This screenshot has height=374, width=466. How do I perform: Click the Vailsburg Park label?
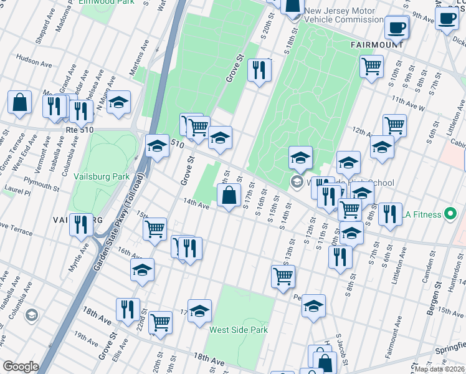(x=102, y=176)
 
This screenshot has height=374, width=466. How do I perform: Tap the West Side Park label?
(x=238, y=330)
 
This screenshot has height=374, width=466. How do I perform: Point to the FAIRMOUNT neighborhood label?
(x=376, y=45)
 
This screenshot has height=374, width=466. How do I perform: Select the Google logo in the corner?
(x=21, y=366)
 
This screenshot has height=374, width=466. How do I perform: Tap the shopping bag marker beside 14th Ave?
(x=229, y=195)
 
